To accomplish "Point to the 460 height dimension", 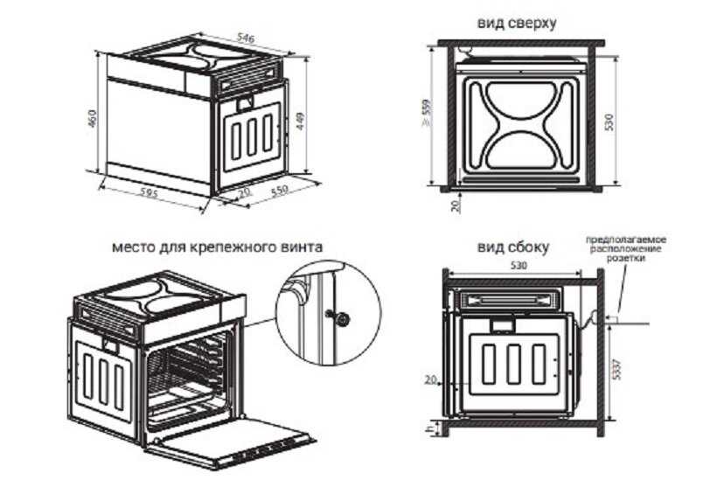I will pyautogui.click(x=92, y=121).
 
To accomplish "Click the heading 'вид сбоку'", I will pyautogui.click(x=513, y=247).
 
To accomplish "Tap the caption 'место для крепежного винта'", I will pyautogui.click(x=218, y=247).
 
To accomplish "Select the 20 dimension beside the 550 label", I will pyautogui.click(x=243, y=192).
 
